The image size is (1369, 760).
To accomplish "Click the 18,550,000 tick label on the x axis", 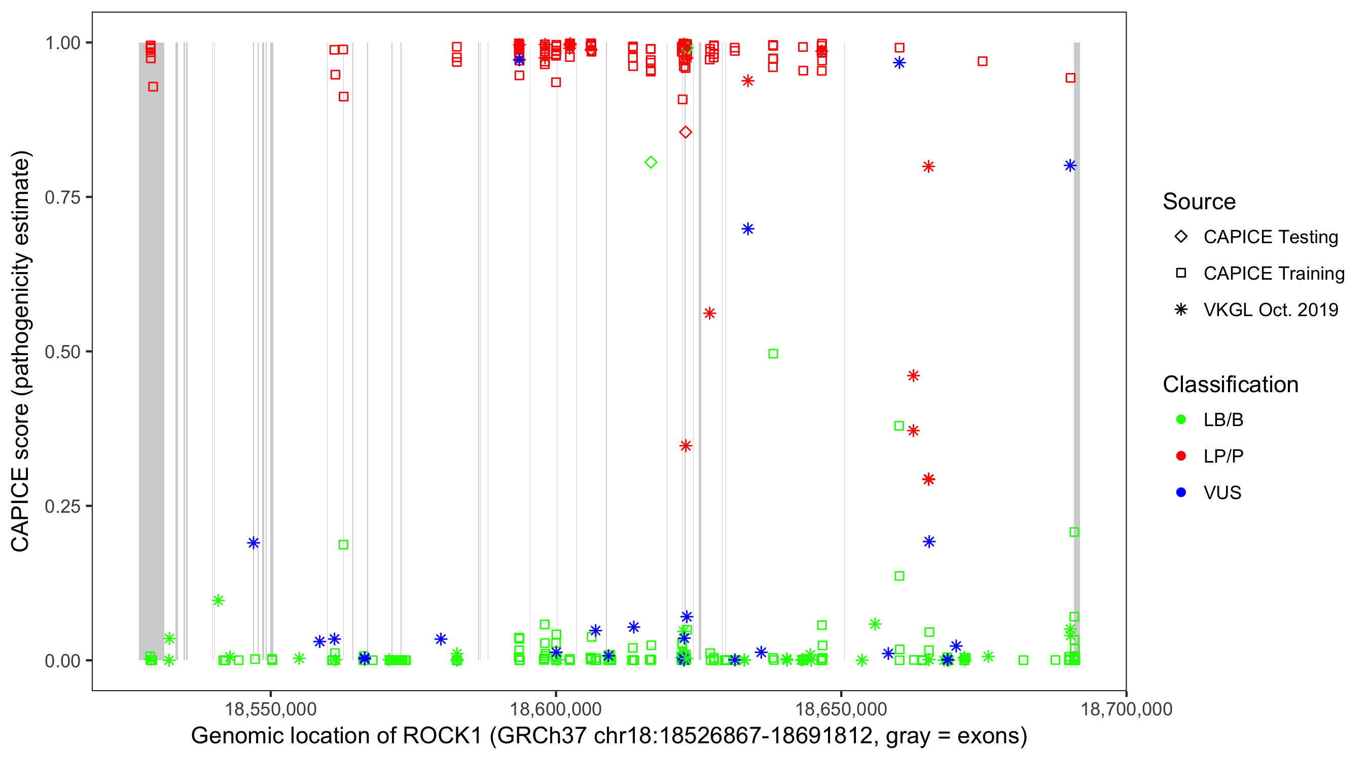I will click(271, 709).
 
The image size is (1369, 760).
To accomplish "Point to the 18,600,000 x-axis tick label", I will click(556, 709).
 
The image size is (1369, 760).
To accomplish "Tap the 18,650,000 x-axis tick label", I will click(841, 709).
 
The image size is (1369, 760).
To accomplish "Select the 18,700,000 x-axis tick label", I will click(1126, 709).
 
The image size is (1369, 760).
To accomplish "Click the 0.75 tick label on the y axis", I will click(62, 197).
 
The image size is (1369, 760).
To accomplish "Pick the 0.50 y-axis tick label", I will click(62, 352).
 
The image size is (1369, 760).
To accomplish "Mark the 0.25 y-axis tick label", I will click(62, 506).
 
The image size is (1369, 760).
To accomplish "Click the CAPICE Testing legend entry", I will click(1270, 237).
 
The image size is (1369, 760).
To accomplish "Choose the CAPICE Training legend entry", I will click(1273, 274).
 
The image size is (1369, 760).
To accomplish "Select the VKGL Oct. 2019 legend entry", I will click(1270, 310).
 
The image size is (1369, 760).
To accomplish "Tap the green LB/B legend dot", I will click(1181, 420).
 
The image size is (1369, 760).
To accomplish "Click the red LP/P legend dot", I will click(1181, 456).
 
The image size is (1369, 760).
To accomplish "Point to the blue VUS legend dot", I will click(1181, 493).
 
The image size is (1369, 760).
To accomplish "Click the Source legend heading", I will click(1199, 202).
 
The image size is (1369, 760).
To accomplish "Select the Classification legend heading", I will click(1230, 385).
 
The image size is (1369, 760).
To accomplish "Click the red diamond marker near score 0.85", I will click(686, 132).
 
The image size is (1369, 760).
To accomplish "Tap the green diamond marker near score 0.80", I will click(651, 163).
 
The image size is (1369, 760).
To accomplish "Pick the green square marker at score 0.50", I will click(773, 354).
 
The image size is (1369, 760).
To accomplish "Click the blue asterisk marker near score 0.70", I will click(748, 229).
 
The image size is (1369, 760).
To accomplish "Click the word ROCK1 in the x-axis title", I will click(442, 736).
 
